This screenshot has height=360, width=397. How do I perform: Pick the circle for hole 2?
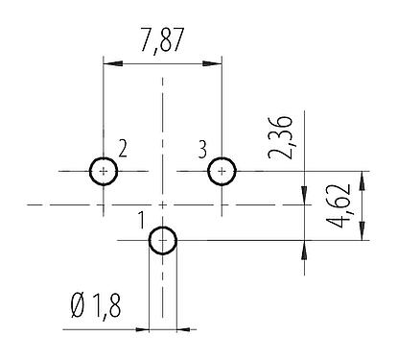tap(104, 171)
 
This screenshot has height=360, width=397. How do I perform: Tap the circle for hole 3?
tap(222, 171)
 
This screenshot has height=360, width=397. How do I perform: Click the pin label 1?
tap(141, 223)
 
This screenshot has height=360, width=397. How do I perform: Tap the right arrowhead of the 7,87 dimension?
tap(216, 64)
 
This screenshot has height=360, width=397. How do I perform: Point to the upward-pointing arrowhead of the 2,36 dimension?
tap(304, 247)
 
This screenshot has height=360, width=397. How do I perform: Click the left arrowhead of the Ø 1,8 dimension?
tap(143, 330)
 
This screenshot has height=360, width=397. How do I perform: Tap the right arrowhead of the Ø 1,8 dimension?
tap(183, 330)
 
